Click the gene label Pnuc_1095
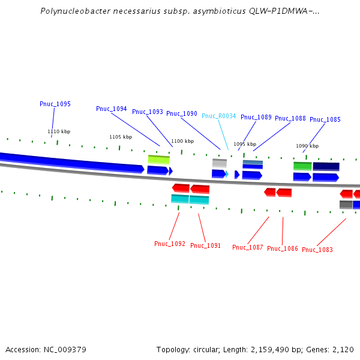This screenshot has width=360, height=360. coord(55,104)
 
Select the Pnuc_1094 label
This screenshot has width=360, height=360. coord(112,109)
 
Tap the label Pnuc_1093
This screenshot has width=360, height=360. coord(148,112)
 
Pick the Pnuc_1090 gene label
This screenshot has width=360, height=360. coord(182,113)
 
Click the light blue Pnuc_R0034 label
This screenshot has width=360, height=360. coord(219,116)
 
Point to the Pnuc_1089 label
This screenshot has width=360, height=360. coord(256,117)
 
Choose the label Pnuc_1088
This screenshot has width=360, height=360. coord(290,118)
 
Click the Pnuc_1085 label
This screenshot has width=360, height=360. coord(325,119)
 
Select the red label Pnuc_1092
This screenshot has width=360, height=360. coord(170,244)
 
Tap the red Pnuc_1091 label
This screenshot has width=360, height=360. coord(206,245)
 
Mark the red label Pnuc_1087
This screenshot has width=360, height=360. coord(248,247)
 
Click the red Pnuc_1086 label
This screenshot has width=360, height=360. coord(283,248)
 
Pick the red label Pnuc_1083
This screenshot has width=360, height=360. coord(317,250)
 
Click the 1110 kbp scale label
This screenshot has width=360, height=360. coord(59,131)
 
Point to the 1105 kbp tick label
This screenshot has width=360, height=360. coord(121,137)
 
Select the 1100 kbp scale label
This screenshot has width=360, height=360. coord(182,142)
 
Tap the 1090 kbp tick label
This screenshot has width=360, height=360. coord(306,146)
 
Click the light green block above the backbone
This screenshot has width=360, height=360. coord(159,160)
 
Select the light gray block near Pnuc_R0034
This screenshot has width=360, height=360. coord(220,163)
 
